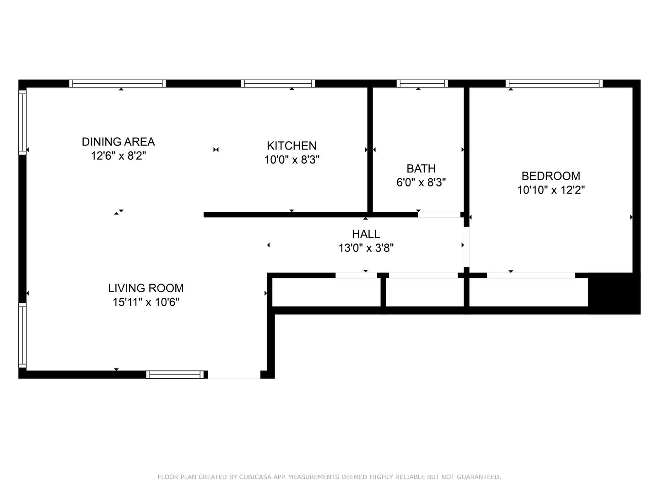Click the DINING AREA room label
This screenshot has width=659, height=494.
pyautogui.click(x=118, y=142)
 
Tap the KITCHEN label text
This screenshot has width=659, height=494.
pyautogui.click(x=292, y=146)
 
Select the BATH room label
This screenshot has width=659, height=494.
pyautogui.click(x=421, y=168)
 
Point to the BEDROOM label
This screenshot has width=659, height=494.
pyautogui.click(x=551, y=176)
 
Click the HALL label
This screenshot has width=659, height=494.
pyautogui.click(x=366, y=234)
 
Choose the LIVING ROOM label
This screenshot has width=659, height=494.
pyautogui.click(x=146, y=288)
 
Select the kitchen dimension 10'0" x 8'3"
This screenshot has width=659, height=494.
pyautogui.click(x=292, y=160)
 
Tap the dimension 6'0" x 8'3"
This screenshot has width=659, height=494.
pyautogui.click(x=421, y=183)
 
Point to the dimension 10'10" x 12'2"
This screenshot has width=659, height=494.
pyautogui.click(x=551, y=190)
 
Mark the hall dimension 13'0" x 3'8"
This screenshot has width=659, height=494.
pyautogui.click(x=366, y=248)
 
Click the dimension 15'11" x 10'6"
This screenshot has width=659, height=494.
pyautogui.click(x=146, y=302)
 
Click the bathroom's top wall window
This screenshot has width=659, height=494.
pyautogui.click(x=422, y=83)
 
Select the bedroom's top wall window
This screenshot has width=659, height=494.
pyautogui.click(x=554, y=83)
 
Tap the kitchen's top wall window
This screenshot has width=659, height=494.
pyautogui.click(x=278, y=83)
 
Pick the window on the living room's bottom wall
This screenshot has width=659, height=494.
pyautogui.click(x=175, y=375)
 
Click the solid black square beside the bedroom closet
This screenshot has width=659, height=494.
pyautogui.click(x=613, y=293)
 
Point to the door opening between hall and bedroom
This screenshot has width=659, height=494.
pyautogui.click(x=466, y=247)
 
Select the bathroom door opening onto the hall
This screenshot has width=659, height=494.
pyautogui.click(x=438, y=215)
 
